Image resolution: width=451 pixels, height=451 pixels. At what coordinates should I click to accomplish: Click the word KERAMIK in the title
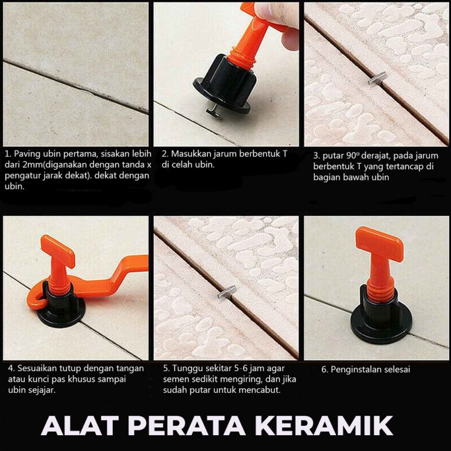point(324,425)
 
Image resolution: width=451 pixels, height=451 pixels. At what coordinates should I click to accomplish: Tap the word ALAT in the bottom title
point(80,425)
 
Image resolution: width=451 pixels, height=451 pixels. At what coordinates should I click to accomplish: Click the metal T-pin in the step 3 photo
point(377,79)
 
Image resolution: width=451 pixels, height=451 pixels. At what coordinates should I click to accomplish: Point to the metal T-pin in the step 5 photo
point(227,292)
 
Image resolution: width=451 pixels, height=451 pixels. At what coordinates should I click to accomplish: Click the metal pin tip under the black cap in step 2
point(213,111)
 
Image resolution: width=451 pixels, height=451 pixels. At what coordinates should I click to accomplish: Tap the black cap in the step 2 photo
point(224,84)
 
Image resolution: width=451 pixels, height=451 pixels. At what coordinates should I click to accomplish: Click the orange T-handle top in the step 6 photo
point(379,244)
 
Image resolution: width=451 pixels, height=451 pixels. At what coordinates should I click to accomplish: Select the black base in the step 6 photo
point(381,318)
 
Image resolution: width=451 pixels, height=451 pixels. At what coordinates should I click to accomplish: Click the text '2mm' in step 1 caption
point(23,165)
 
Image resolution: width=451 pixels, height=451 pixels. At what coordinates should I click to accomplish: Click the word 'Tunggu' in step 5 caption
point(186,369)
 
